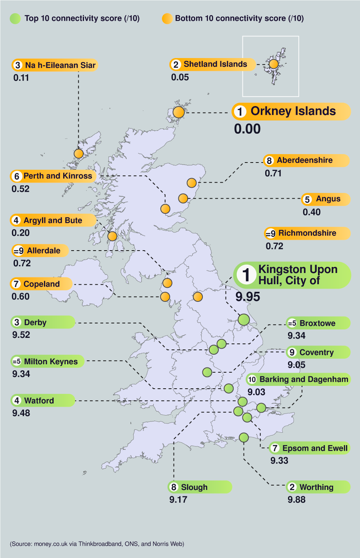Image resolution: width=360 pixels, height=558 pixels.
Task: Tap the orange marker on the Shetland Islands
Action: click(x=273, y=64)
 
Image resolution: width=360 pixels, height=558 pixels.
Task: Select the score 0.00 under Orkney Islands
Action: click(x=247, y=129)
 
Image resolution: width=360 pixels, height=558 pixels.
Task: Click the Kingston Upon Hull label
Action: click(x=297, y=275)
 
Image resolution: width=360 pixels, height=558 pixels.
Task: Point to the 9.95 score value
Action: click(x=248, y=297)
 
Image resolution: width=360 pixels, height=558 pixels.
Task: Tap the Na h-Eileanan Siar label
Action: click(x=60, y=65)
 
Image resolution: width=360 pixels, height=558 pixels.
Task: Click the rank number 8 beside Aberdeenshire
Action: click(x=269, y=161)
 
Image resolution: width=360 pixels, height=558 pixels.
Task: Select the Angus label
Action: click(x=328, y=199)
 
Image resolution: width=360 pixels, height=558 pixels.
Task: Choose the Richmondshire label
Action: click(x=307, y=233)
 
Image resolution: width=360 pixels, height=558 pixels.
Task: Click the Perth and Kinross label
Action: click(x=57, y=176)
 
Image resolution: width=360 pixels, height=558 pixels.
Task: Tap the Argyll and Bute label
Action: click(x=52, y=221)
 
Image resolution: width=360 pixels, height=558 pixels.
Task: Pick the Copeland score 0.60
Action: click(x=21, y=297)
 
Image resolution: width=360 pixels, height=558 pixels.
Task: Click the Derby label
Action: click(x=35, y=323)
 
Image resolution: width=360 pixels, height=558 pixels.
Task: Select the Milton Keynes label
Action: click(x=50, y=362)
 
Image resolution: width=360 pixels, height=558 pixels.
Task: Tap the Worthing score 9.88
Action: click(x=296, y=500)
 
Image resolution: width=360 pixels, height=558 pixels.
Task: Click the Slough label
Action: click(x=194, y=487)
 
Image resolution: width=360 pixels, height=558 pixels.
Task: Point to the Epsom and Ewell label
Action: click(x=314, y=448)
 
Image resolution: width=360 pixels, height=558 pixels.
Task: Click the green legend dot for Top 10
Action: click(x=15, y=18)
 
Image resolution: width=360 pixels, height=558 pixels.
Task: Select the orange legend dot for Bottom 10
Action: click(x=167, y=18)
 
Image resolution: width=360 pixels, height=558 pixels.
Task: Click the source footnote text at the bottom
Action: click(x=97, y=544)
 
